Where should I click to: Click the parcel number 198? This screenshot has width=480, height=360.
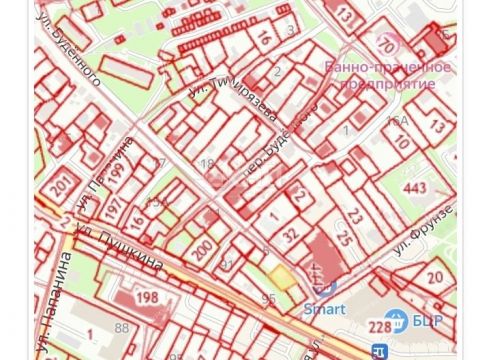(x=147, y=297)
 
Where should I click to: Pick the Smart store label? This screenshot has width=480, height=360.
(x=324, y=309)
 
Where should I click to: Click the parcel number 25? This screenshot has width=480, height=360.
(x=344, y=238)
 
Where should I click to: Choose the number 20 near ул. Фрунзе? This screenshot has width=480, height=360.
(x=433, y=278)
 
